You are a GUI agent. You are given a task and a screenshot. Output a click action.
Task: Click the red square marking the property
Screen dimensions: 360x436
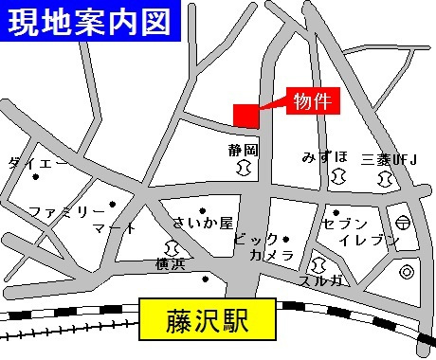tap(245, 113)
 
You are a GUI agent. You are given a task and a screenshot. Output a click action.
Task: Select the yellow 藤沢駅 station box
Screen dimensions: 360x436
tap(208, 319)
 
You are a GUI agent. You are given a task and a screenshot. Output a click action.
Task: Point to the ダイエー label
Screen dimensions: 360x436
tap(38, 163)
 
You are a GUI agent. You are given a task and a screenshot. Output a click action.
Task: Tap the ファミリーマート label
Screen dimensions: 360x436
tap(81, 219)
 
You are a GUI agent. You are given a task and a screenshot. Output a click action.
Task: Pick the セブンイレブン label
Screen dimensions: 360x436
tap(359, 231)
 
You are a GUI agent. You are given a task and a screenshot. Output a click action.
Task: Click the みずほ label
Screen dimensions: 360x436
tap(325, 156)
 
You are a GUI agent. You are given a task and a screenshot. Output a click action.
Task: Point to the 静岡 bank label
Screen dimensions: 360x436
tap(244, 150)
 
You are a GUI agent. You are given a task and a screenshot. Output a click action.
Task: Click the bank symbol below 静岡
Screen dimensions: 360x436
tap(244, 168)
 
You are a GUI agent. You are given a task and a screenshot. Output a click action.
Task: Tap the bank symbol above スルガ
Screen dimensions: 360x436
tap(318, 263)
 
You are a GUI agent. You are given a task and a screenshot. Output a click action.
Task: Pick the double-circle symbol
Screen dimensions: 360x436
tap(406, 272)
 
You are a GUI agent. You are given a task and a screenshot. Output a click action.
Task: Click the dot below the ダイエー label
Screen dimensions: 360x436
tap(37, 177)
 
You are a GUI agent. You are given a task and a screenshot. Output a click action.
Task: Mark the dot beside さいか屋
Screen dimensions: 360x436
tap(203, 210)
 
